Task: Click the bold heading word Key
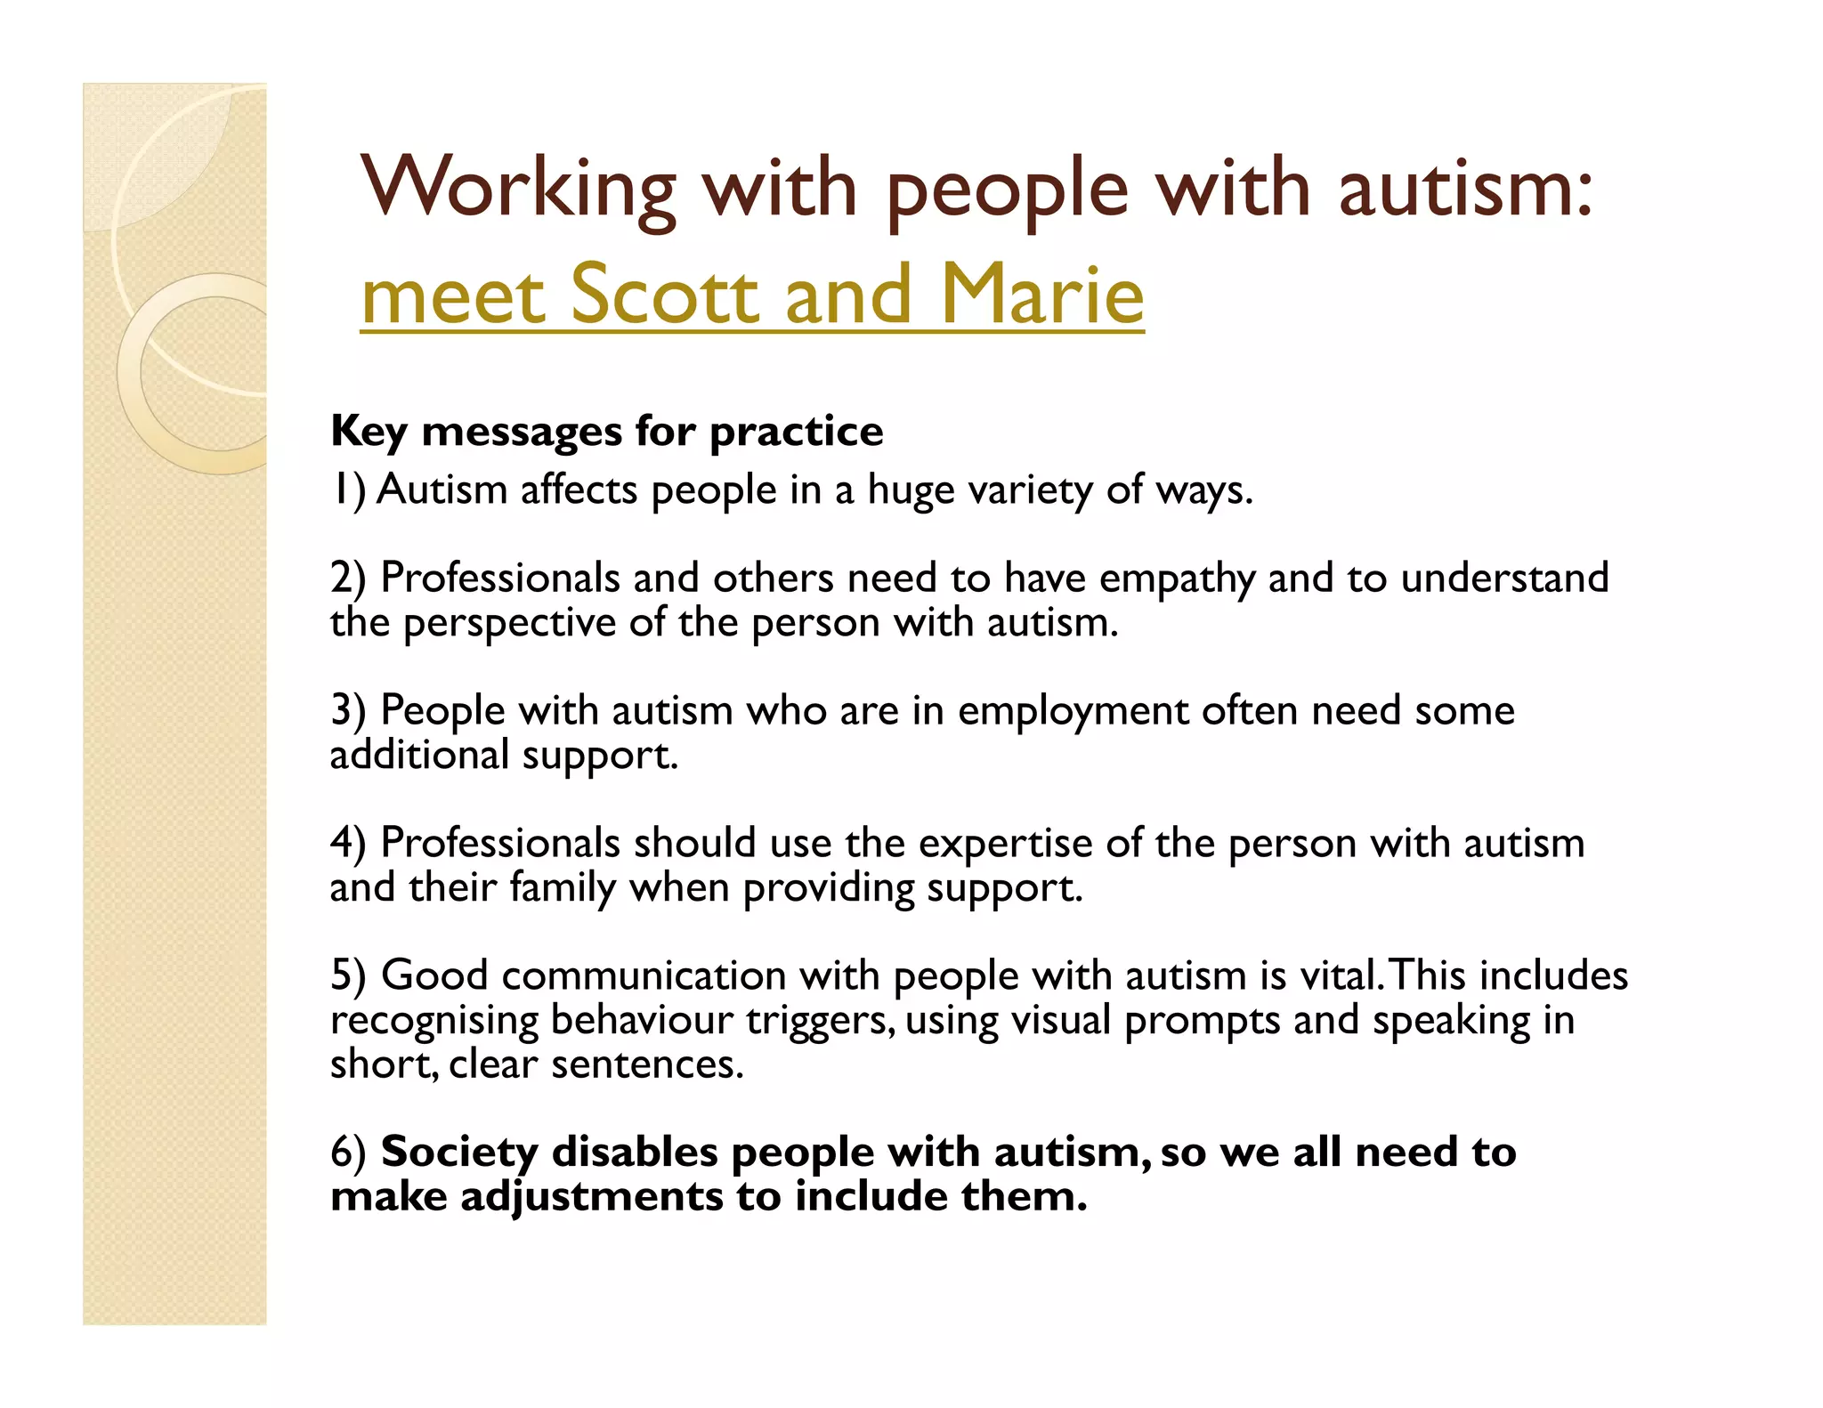point(369,433)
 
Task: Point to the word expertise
point(1005,844)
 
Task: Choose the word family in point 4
point(562,888)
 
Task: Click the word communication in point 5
point(644,976)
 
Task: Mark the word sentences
point(646,1064)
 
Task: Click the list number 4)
point(348,844)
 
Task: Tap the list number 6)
point(348,1153)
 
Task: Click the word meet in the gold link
point(453,296)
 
